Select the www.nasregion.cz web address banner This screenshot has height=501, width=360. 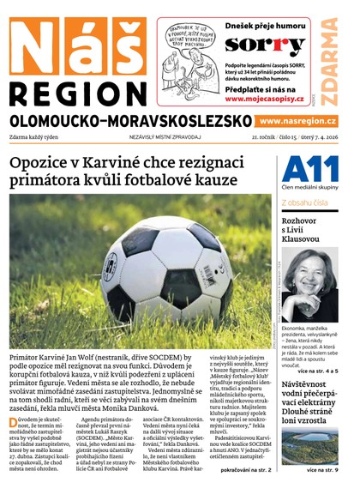[x=297, y=122]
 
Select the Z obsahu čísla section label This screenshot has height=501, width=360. [x=306, y=202]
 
